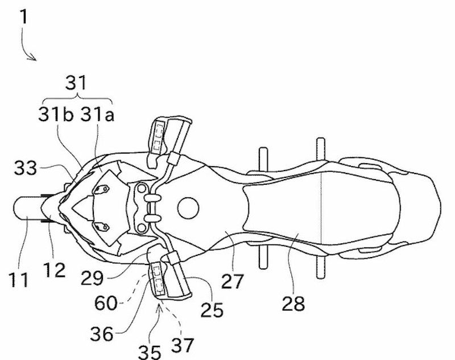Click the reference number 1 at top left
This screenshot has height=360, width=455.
[x=24, y=16]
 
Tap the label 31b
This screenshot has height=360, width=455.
[x=56, y=114]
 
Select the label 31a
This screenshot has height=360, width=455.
[x=97, y=114]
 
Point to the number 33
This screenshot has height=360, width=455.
[x=26, y=168]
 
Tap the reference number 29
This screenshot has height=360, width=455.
[x=92, y=278]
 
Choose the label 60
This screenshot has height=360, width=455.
[x=106, y=303]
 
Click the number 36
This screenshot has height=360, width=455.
[x=101, y=334]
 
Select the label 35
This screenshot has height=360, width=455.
[x=149, y=352]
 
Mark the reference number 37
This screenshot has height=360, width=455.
[x=183, y=345]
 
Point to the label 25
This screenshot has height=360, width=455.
[x=212, y=309]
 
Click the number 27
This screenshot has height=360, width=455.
[x=232, y=281]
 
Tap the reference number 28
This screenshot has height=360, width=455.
[x=293, y=304]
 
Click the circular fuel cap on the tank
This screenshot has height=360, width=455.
[x=188, y=208]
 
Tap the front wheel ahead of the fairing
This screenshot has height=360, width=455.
[x=28, y=208]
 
